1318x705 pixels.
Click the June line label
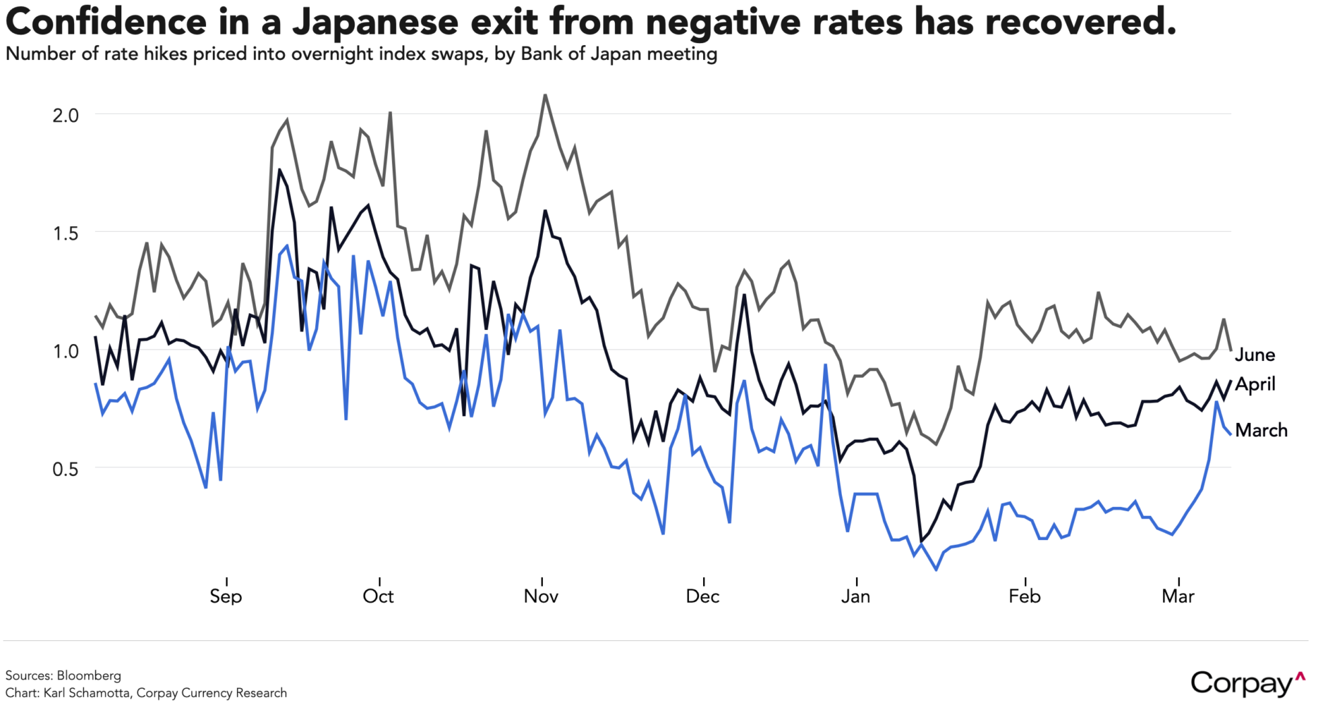pyautogui.click(x=1255, y=355)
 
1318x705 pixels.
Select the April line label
pyautogui.click(x=1255, y=384)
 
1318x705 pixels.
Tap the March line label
pyautogui.click(x=1261, y=430)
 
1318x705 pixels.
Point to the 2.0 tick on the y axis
pyautogui.click(x=66, y=115)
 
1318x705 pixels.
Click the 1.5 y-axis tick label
pyautogui.click(x=66, y=233)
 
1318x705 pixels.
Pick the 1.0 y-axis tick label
pyautogui.click(x=66, y=351)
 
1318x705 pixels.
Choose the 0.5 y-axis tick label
pyautogui.click(x=66, y=469)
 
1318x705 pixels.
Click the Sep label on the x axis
pyautogui.click(x=226, y=596)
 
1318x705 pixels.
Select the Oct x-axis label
pyautogui.click(x=379, y=596)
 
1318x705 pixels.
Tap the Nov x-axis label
pyautogui.click(x=541, y=596)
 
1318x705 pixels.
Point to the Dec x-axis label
pyautogui.click(x=702, y=596)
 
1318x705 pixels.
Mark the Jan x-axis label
pyautogui.click(x=855, y=596)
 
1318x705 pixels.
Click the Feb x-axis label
pyautogui.click(x=1024, y=596)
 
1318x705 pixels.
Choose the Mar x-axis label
pyautogui.click(x=1178, y=596)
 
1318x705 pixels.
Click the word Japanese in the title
pyautogui.click(x=375, y=23)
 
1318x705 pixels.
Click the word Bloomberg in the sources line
pyautogui.click(x=89, y=675)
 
